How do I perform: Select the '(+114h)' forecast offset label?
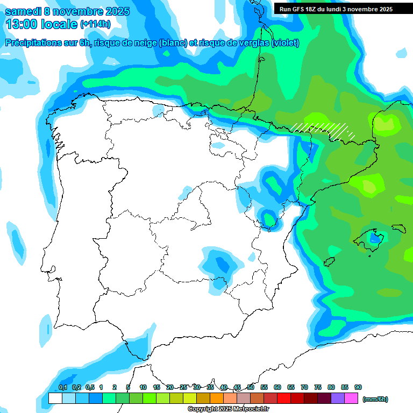point(95,24)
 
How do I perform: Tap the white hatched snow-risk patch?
point(323,130)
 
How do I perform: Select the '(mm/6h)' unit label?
point(375,399)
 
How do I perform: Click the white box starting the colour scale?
point(55,398)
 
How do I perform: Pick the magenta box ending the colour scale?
point(351,398)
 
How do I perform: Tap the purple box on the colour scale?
point(338,398)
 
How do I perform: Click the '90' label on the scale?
point(358,387)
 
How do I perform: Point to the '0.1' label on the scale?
point(62,387)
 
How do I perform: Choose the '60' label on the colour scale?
point(277,387)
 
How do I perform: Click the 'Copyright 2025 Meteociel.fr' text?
point(228,409)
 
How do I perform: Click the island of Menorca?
point(398,227)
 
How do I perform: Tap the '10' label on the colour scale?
point(143,387)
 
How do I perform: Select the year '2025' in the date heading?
point(113,11)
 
